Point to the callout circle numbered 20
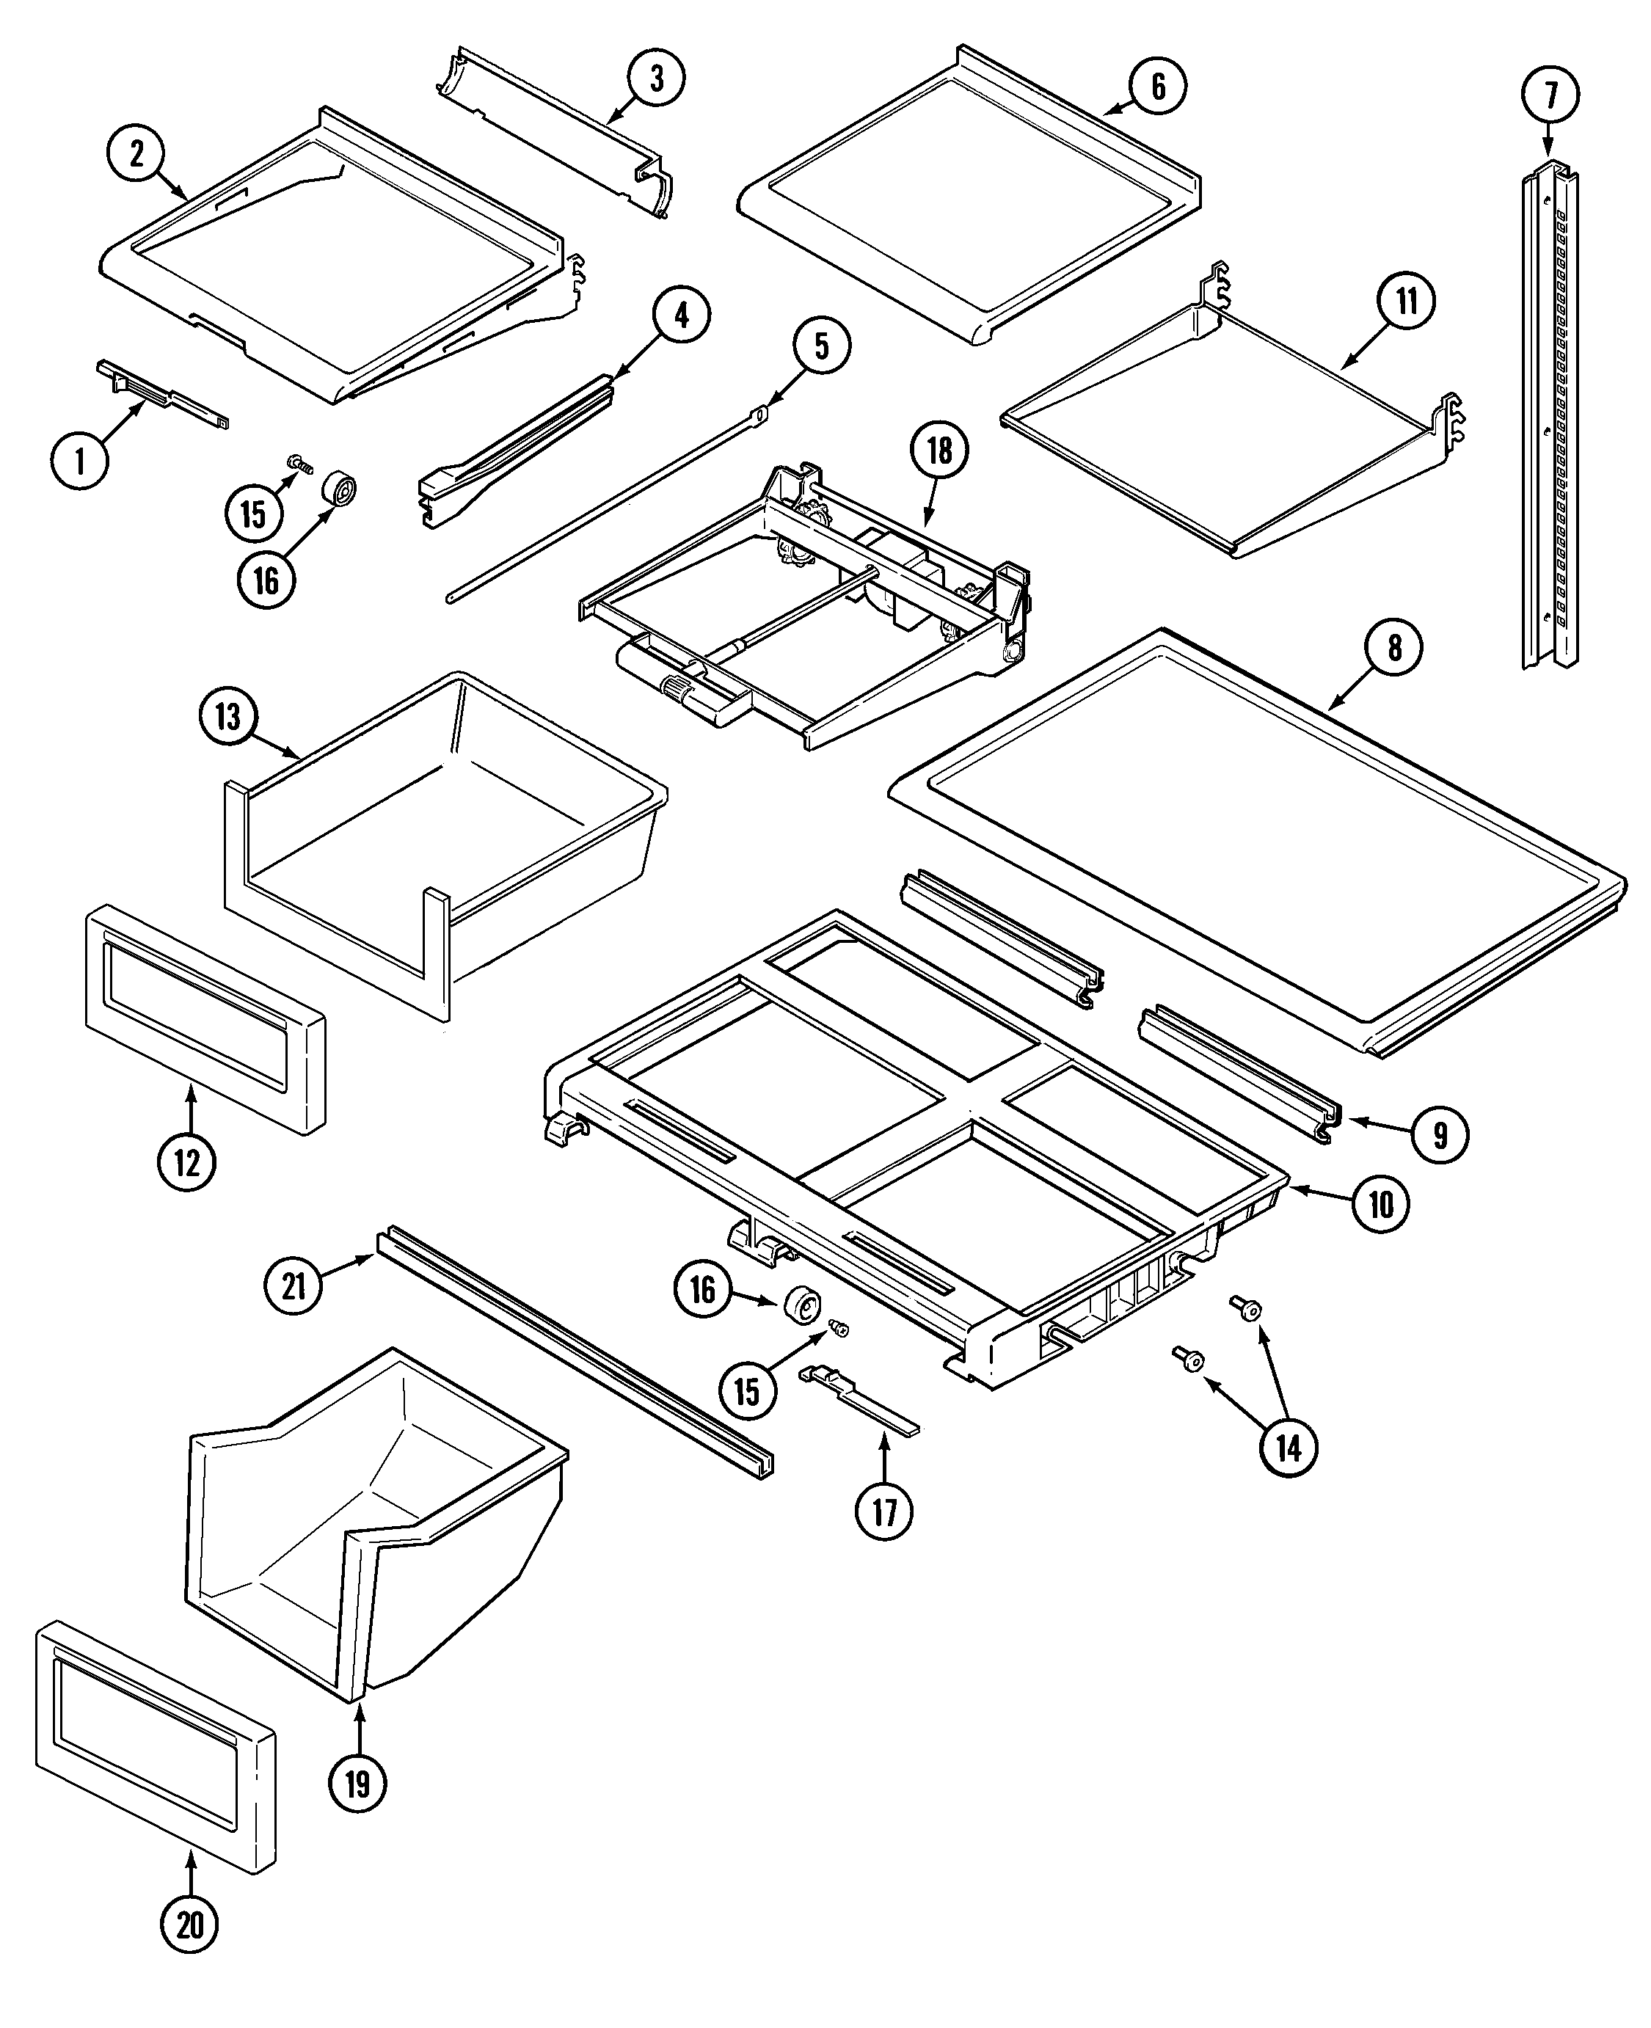pyautogui.click(x=189, y=1925)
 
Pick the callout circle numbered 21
pyautogui.click(x=294, y=1285)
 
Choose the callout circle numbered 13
pyautogui.click(x=228, y=716)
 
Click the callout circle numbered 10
pyautogui.click(x=1381, y=1205)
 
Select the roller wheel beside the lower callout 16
pyautogui.click(x=803, y=1305)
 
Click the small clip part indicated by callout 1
pyautogui.click(x=161, y=393)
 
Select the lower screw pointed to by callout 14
pyautogui.click(x=1189, y=1360)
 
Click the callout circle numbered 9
pyautogui.click(x=1440, y=1134)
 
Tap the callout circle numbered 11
pyautogui.click(x=1407, y=302)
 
